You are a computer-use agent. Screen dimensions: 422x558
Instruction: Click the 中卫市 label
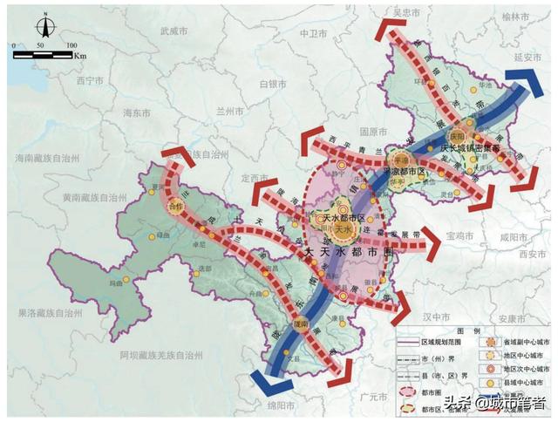pyautogui.click(x=311, y=35)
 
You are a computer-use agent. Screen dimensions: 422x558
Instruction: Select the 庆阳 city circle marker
pyautogui.click(x=459, y=137)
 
